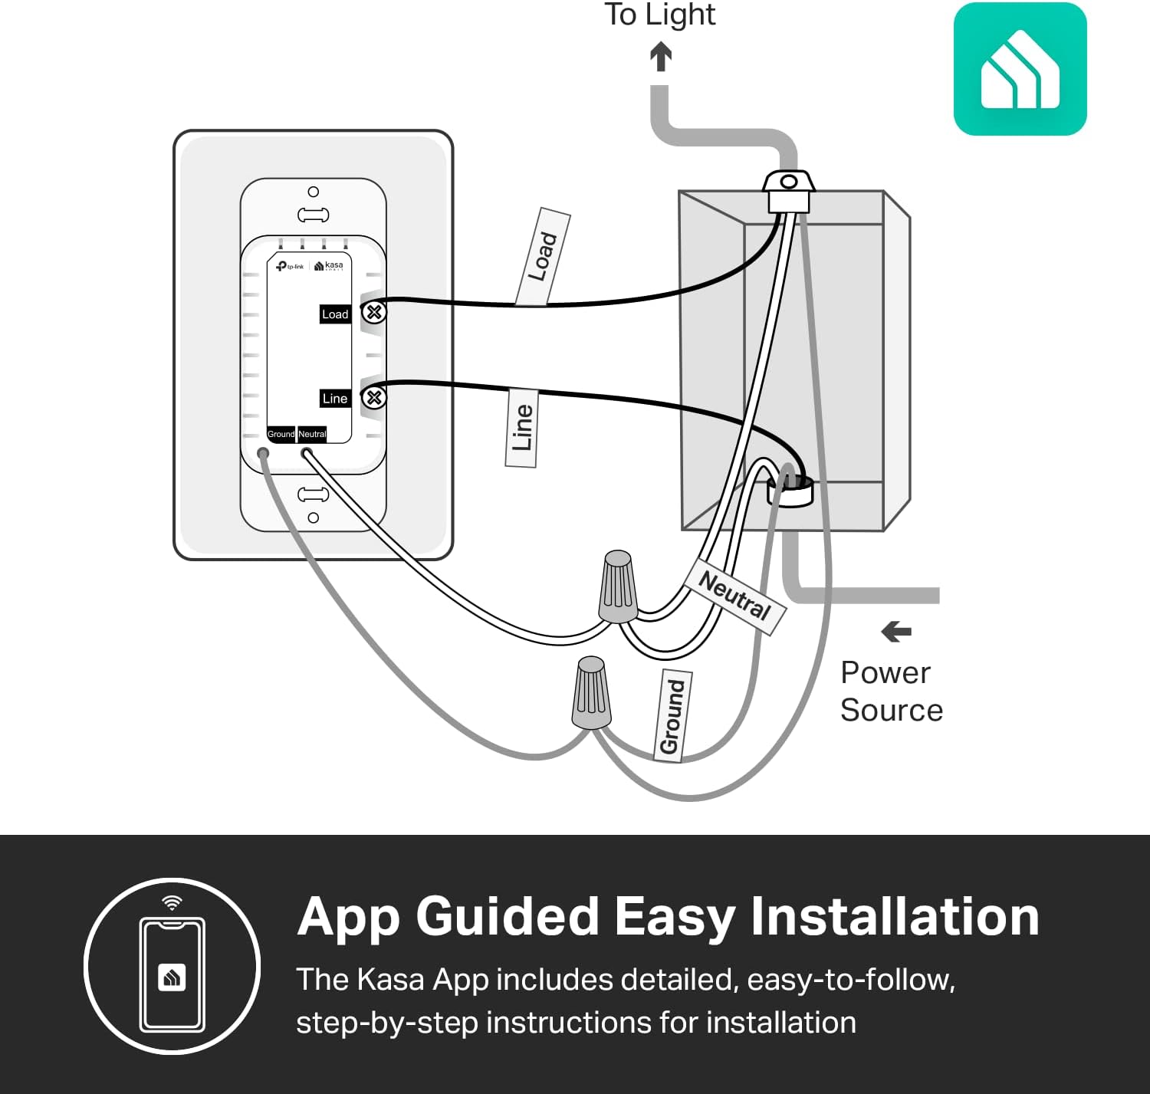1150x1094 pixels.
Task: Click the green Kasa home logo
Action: click(1020, 69)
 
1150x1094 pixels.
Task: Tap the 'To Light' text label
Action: click(659, 15)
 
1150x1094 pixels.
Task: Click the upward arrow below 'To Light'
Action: click(661, 57)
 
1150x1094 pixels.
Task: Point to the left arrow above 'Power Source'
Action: click(896, 632)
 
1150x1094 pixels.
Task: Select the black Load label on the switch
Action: click(335, 314)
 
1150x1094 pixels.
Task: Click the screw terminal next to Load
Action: click(374, 312)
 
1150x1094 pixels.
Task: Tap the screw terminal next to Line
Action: click(374, 397)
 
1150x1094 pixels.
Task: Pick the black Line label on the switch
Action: click(335, 399)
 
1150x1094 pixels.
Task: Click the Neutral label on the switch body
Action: click(312, 434)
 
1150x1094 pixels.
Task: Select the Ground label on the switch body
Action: click(281, 434)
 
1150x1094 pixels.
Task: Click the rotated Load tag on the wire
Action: click(543, 257)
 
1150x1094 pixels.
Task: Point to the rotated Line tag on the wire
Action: click(521, 428)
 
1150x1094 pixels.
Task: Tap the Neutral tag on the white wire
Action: click(735, 596)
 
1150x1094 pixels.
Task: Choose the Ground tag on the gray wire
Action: click(672, 716)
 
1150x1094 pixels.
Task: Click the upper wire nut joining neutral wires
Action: click(618, 586)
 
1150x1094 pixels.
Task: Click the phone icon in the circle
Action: click(172, 974)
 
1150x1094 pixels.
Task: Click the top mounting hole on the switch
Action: click(313, 192)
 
